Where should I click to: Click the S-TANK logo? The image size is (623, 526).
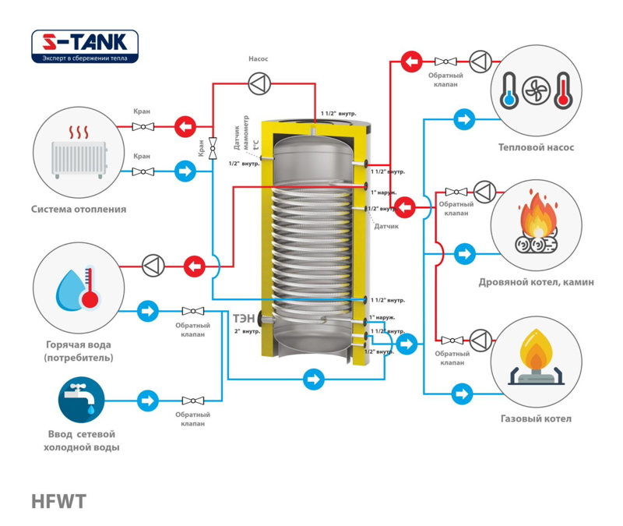click(x=85, y=46)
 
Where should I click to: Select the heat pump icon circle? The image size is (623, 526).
click(x=537, y=90)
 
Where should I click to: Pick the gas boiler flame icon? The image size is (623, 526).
click(x=535, y=359)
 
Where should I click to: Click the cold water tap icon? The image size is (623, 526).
click(x=81, y=398)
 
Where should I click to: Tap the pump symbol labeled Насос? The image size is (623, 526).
click(x=258, y=81)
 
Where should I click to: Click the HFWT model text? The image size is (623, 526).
click(x=58, y=502)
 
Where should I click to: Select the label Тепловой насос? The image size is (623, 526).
click(x=536, y=147)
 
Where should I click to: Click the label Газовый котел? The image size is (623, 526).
click(x=536, y=418)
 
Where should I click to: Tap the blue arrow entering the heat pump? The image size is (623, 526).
click(x=465, y=119)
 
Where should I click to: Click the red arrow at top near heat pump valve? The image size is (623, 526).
click(x=411, y=60)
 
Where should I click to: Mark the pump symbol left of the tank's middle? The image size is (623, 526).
click(x=152, y=266)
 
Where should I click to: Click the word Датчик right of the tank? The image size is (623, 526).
click(x=386, y=227)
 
